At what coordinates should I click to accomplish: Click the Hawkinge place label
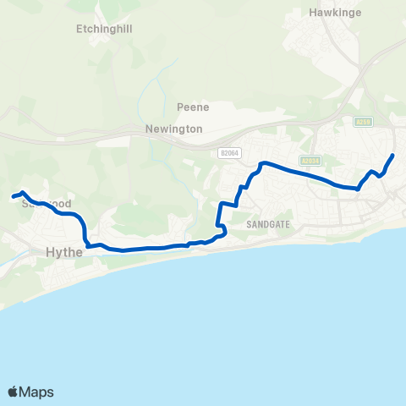tap(334, 14)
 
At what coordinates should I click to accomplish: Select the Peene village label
tap(193, 107)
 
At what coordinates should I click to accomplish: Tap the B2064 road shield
tap(228, 153)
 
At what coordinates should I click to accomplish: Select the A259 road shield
tap(364, 121)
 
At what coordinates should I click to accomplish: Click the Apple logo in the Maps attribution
tap(13, 392)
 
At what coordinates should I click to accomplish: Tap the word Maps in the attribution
tap(36, 392)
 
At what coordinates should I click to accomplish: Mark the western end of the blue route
tap(14, 197)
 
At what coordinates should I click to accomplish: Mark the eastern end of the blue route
tap(393, 156)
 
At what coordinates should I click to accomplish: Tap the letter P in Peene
tap(180, 107)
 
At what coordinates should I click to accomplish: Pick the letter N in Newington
tap(145, 129)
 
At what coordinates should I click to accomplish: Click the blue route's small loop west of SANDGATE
tap(222, 229)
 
